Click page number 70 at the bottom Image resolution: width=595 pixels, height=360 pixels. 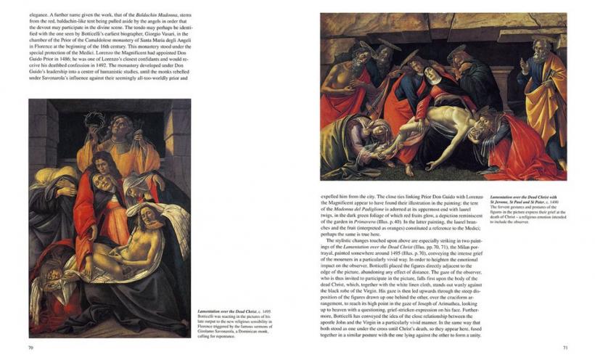[31, 347]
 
